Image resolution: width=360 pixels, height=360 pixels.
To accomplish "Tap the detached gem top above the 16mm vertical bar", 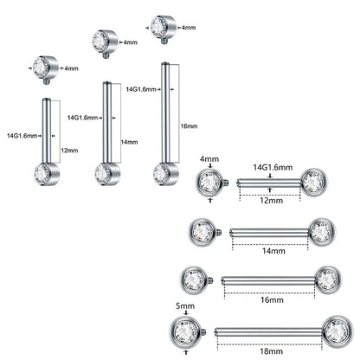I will pos(159,24).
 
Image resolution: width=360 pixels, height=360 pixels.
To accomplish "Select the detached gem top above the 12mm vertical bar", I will pos(42,66).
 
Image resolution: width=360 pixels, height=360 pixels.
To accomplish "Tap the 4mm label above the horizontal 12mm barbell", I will pos(210,159).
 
